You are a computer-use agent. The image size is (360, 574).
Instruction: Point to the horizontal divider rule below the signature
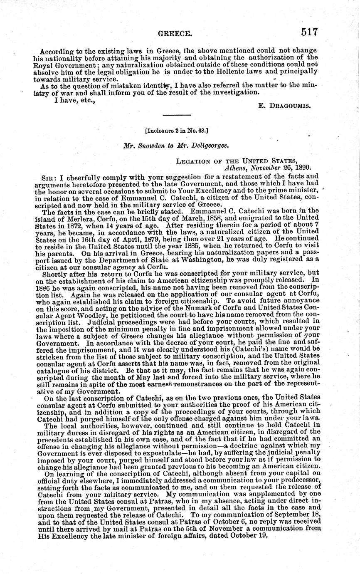coord(176,115)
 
